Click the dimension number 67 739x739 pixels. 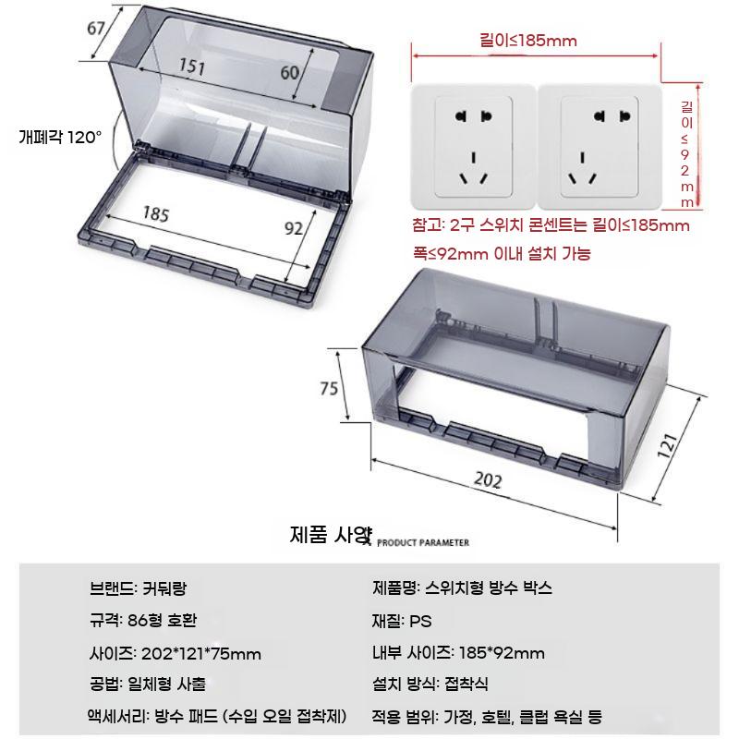click(x=96, y=29)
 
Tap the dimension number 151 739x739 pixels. click(x=192, y=66)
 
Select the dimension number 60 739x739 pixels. click(x=290, y=73)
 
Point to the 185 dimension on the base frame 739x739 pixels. click(x=156, y=214)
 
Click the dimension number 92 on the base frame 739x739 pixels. click(x=294, y=228)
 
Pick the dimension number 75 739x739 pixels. click(x=329, y=388)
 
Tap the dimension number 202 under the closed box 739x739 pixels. click(x=488, y=479)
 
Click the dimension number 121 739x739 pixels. click(x=667, y=445)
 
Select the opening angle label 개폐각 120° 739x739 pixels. click(x=60, y=137)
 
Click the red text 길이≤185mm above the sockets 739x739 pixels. click(x=528, y=40)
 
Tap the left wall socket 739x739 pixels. click(x=473, y=147)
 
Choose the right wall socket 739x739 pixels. click(x=600, y=147)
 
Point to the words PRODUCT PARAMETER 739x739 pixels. click(x=423, y=542)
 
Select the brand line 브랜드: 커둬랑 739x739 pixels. click(x=138, y=588)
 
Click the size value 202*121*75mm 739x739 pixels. click(x=201, y=654)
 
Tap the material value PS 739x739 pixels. click(x=420, y=621)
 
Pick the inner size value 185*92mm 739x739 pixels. click(x=502, y=653)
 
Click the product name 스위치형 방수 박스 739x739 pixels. click(x=489, y=588)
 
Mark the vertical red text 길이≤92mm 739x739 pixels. click(x=686, y=154)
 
